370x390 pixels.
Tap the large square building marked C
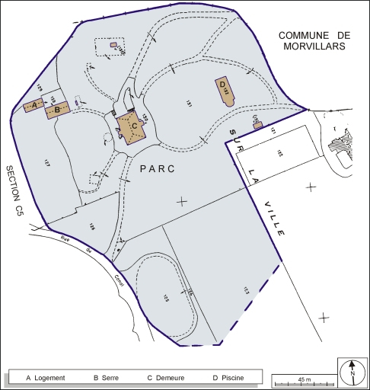coord(131,126)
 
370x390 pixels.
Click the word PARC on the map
coord(157,170)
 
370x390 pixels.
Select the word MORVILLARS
coord(312,46)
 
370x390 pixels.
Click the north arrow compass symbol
coord(352,372)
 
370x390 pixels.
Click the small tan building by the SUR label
coord(257,123)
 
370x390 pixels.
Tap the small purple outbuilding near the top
coord(113,45)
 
